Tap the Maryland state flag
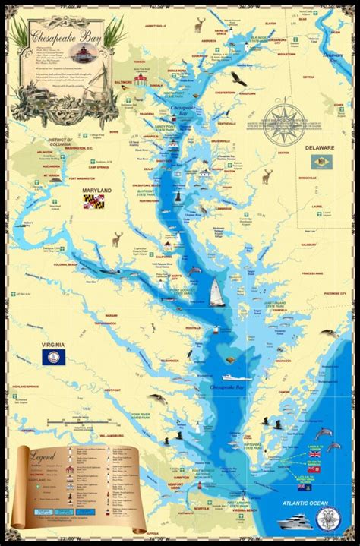click(93, 201)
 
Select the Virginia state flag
click(53, 356)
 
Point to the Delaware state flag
click(322, 161)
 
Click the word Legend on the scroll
click(43, 458)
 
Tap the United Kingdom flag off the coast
click(314, 453)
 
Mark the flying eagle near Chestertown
click(241, 77)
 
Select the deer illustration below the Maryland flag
click(116, 238)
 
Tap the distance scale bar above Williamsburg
click(84, 418)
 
